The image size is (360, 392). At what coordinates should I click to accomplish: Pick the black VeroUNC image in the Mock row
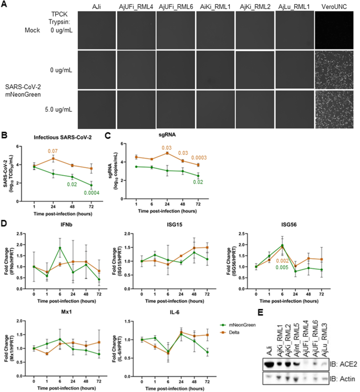coord(336,30)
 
